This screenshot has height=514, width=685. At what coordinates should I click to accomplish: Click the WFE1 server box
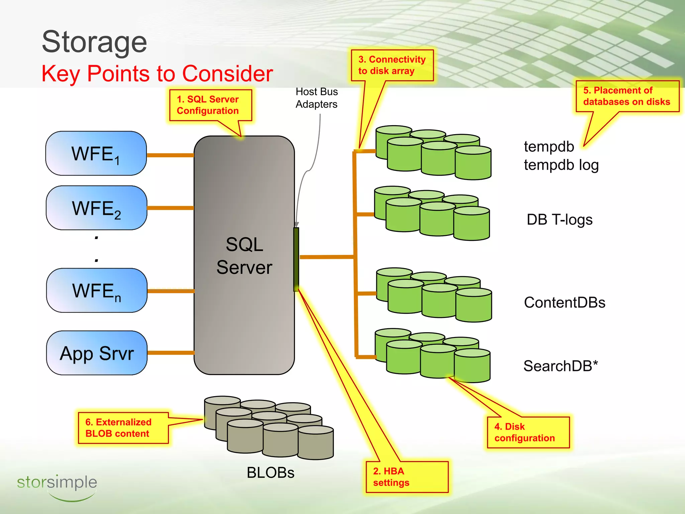click(x=96, y=154)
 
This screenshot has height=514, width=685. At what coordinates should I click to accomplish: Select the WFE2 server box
click(x=96, y=208)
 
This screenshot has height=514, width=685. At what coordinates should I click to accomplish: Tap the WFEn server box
click(x=97, y=290)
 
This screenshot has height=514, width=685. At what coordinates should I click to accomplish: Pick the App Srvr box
click(x=97, y=353)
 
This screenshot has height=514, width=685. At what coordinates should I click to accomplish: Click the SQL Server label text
click(x=244, y=256)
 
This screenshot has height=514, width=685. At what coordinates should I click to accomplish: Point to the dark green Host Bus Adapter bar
click(x=296, y=259)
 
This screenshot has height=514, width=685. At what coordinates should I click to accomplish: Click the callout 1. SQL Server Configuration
click(x=210, y=105)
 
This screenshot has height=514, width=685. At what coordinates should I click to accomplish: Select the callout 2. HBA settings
click(x=407, y=477)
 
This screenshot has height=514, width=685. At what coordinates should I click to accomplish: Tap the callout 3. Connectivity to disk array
click(x=392, y=65)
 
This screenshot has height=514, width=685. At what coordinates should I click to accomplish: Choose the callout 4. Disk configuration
click(x=528, y=432)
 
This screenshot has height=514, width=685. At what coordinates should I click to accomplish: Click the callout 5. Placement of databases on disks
click(x=627, y=96)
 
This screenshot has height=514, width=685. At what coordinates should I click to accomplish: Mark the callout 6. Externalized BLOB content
click(x=123, y=428)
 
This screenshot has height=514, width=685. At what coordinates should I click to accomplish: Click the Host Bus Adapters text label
click(x=316, y=98)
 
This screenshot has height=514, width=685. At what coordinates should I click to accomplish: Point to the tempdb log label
click(x=561, y=165)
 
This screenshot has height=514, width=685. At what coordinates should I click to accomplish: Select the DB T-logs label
click(x=559, y=220)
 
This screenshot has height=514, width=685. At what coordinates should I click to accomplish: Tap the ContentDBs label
click(x=565, y=303)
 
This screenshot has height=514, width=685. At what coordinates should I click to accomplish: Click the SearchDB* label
click(x=561, y=366)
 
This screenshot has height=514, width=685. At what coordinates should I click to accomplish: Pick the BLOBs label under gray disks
click(x=270, y=473)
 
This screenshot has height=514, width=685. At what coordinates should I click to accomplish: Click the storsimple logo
click(x=57, y=486)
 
